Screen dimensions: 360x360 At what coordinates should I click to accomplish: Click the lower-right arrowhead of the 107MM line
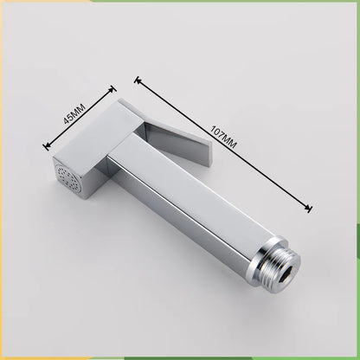click(x=309, y=206)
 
